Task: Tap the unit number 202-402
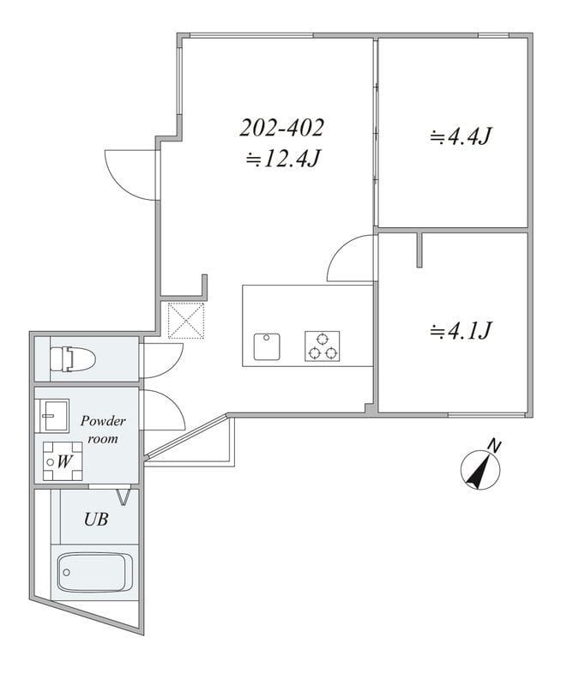282,128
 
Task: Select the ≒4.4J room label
461,136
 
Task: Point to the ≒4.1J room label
461,330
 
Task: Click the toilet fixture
72,359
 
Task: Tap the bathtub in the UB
95,572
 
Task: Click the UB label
96,520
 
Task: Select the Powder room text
103,430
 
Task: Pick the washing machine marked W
63,461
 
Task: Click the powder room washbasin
54,416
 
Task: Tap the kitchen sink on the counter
267,347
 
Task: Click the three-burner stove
323,346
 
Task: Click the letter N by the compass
494,446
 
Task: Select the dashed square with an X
186,320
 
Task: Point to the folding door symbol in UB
124,497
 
